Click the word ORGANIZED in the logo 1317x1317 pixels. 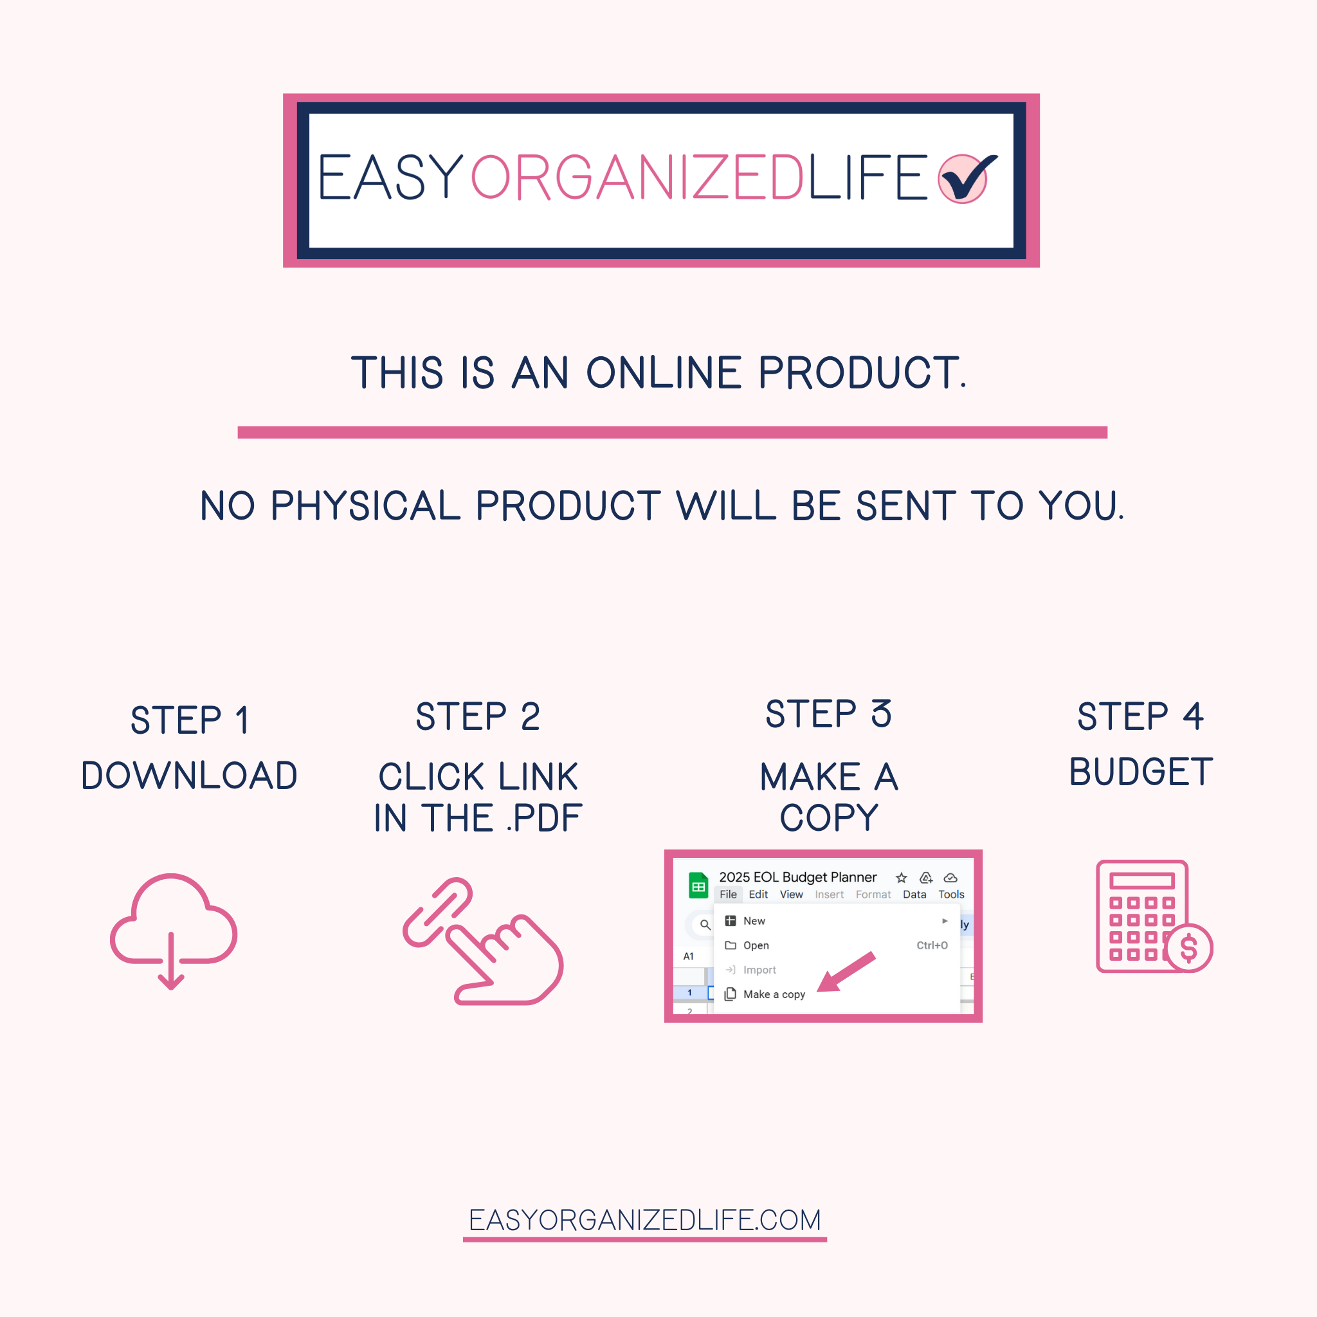click(x=637, y=178)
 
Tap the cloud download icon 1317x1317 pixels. click(x=173, y=931)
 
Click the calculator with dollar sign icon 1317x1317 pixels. click(x=1154, y=916)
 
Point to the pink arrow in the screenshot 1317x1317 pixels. click(x=845, y=972)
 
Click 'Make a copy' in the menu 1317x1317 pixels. click(x=774, y=995)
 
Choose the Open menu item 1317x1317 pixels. click(x=756, y=945)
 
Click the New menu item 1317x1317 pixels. click(x=754, y=921)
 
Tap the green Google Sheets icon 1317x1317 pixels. click(x=698, y=886)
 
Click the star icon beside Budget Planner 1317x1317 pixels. click(x=901, y=878)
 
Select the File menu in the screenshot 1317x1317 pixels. click(x=728, y=895)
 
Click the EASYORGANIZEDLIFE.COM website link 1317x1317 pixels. click(x=645, y=1220)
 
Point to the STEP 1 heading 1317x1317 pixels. click(x=190, y=720)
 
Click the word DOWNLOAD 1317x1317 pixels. click(x=190, y=776)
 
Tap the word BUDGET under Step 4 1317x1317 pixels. click(x=1140, y=772)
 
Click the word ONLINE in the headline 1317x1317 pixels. click(x=663, y=373)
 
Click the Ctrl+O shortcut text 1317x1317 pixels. click(x=932, y=945)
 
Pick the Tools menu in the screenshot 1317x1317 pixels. click(x=951, y=895)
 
